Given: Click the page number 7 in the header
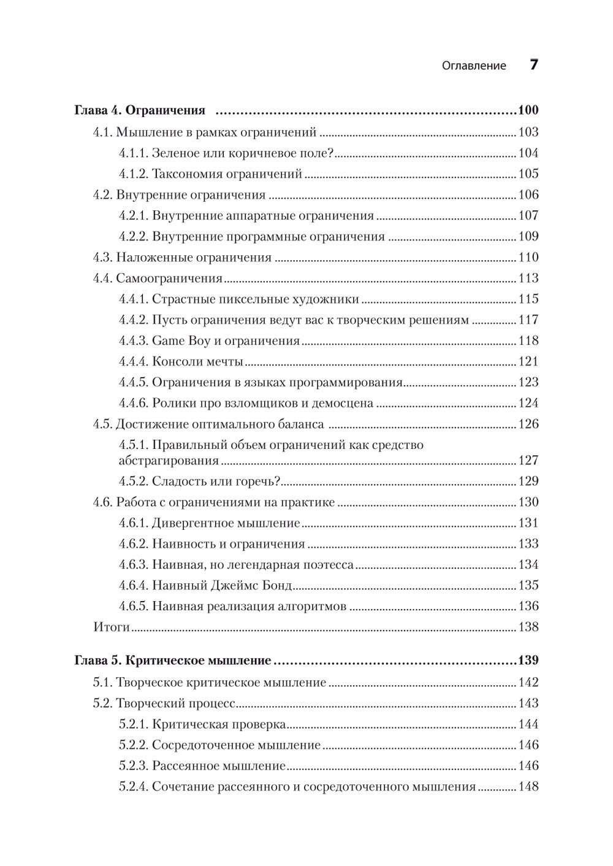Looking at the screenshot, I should [x=533, y=65].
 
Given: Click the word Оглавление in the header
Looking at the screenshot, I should [x=474, y=66].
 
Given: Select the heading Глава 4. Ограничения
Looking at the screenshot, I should [x=139, y=111].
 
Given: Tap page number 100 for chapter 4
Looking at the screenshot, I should [x=527, y=111].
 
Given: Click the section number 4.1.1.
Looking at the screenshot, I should [x=133, y=153].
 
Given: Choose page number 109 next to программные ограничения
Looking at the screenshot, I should [x=528, y=237].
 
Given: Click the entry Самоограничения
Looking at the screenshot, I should [x=169, y=278].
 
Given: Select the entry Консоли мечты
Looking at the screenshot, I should [x=197, y=362].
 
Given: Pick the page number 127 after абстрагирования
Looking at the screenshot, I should [x=528, y=461].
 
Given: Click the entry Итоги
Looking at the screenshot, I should [x=112, y=627].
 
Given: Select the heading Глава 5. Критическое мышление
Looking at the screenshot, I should [x=172, y=661].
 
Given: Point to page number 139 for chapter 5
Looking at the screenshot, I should [x=527, y=661].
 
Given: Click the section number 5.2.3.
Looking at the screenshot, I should [x=133, y=766].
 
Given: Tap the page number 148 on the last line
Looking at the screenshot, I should [x=528, y=787].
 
